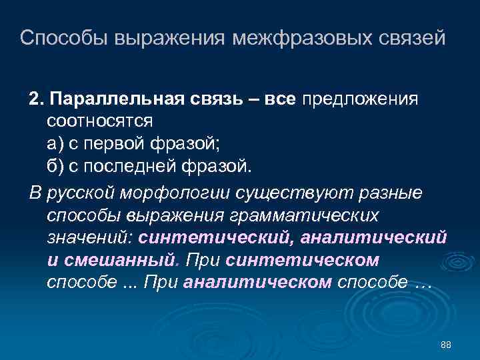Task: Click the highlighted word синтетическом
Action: tap(303, 259)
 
